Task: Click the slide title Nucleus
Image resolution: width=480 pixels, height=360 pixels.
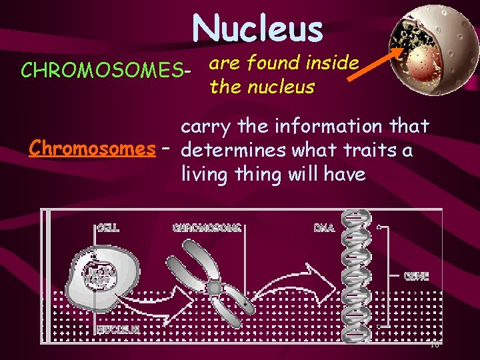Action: click(x=257, y=29)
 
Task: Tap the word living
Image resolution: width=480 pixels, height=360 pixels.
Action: click(x=204, y=174)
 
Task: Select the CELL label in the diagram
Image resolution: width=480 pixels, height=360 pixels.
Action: click(x=109, y=227)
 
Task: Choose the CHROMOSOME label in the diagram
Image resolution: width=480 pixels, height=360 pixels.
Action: click(x=206, y=227)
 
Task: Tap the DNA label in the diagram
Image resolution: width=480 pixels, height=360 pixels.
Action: click(x=323, y=227)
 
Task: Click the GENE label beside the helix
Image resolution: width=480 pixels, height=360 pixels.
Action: click(x=416, y=276)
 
